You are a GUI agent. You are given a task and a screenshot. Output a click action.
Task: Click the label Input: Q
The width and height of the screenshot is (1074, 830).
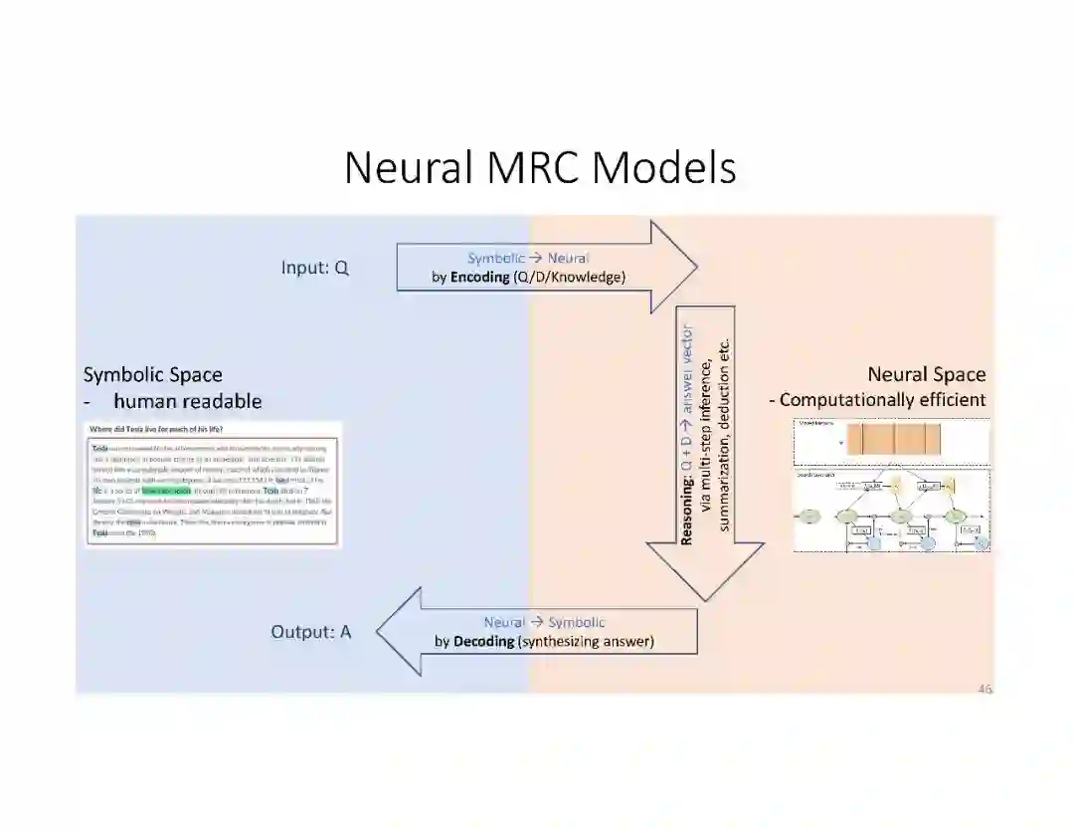coord(315,268)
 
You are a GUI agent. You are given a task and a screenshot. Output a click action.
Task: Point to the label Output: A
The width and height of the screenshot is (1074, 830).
coord(311,632)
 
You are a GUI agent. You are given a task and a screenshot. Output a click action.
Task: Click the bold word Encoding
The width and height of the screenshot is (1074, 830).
coord(479,278)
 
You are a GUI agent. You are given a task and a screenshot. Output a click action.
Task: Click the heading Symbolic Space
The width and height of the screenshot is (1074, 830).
coord(153,375)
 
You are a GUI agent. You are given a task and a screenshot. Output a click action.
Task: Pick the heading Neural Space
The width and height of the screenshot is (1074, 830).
coord(926,375)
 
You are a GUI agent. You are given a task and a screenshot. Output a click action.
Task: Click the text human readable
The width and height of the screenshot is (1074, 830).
coord(187,401)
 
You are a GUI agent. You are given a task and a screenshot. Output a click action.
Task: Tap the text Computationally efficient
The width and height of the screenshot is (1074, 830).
coord(882,400)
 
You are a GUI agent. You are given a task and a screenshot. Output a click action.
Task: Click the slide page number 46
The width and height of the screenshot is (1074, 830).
coord(984,688)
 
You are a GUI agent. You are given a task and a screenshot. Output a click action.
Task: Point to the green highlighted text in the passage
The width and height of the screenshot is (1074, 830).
coord(165,490)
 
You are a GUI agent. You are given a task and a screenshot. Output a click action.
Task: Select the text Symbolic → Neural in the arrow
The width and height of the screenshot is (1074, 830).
coord(528,259)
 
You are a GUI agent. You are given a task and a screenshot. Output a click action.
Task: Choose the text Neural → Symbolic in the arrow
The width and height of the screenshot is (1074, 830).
coord(544,623)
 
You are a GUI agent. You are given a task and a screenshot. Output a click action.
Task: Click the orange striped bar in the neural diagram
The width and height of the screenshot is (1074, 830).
coord(893,439)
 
